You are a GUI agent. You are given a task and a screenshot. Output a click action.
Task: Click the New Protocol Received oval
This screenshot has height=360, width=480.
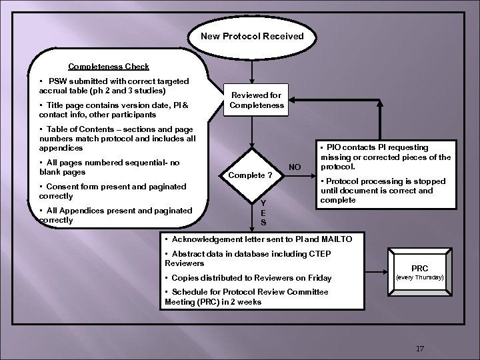252,37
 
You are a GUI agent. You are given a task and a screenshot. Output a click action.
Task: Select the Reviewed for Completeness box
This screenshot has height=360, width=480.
257,100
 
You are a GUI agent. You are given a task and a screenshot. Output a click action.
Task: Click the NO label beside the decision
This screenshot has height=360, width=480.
294,166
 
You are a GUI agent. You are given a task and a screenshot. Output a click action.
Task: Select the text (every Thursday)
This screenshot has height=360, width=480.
420,277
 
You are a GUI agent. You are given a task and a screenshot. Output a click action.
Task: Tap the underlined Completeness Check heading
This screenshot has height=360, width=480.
109,67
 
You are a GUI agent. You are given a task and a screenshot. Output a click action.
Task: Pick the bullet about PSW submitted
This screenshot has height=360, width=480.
113,85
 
